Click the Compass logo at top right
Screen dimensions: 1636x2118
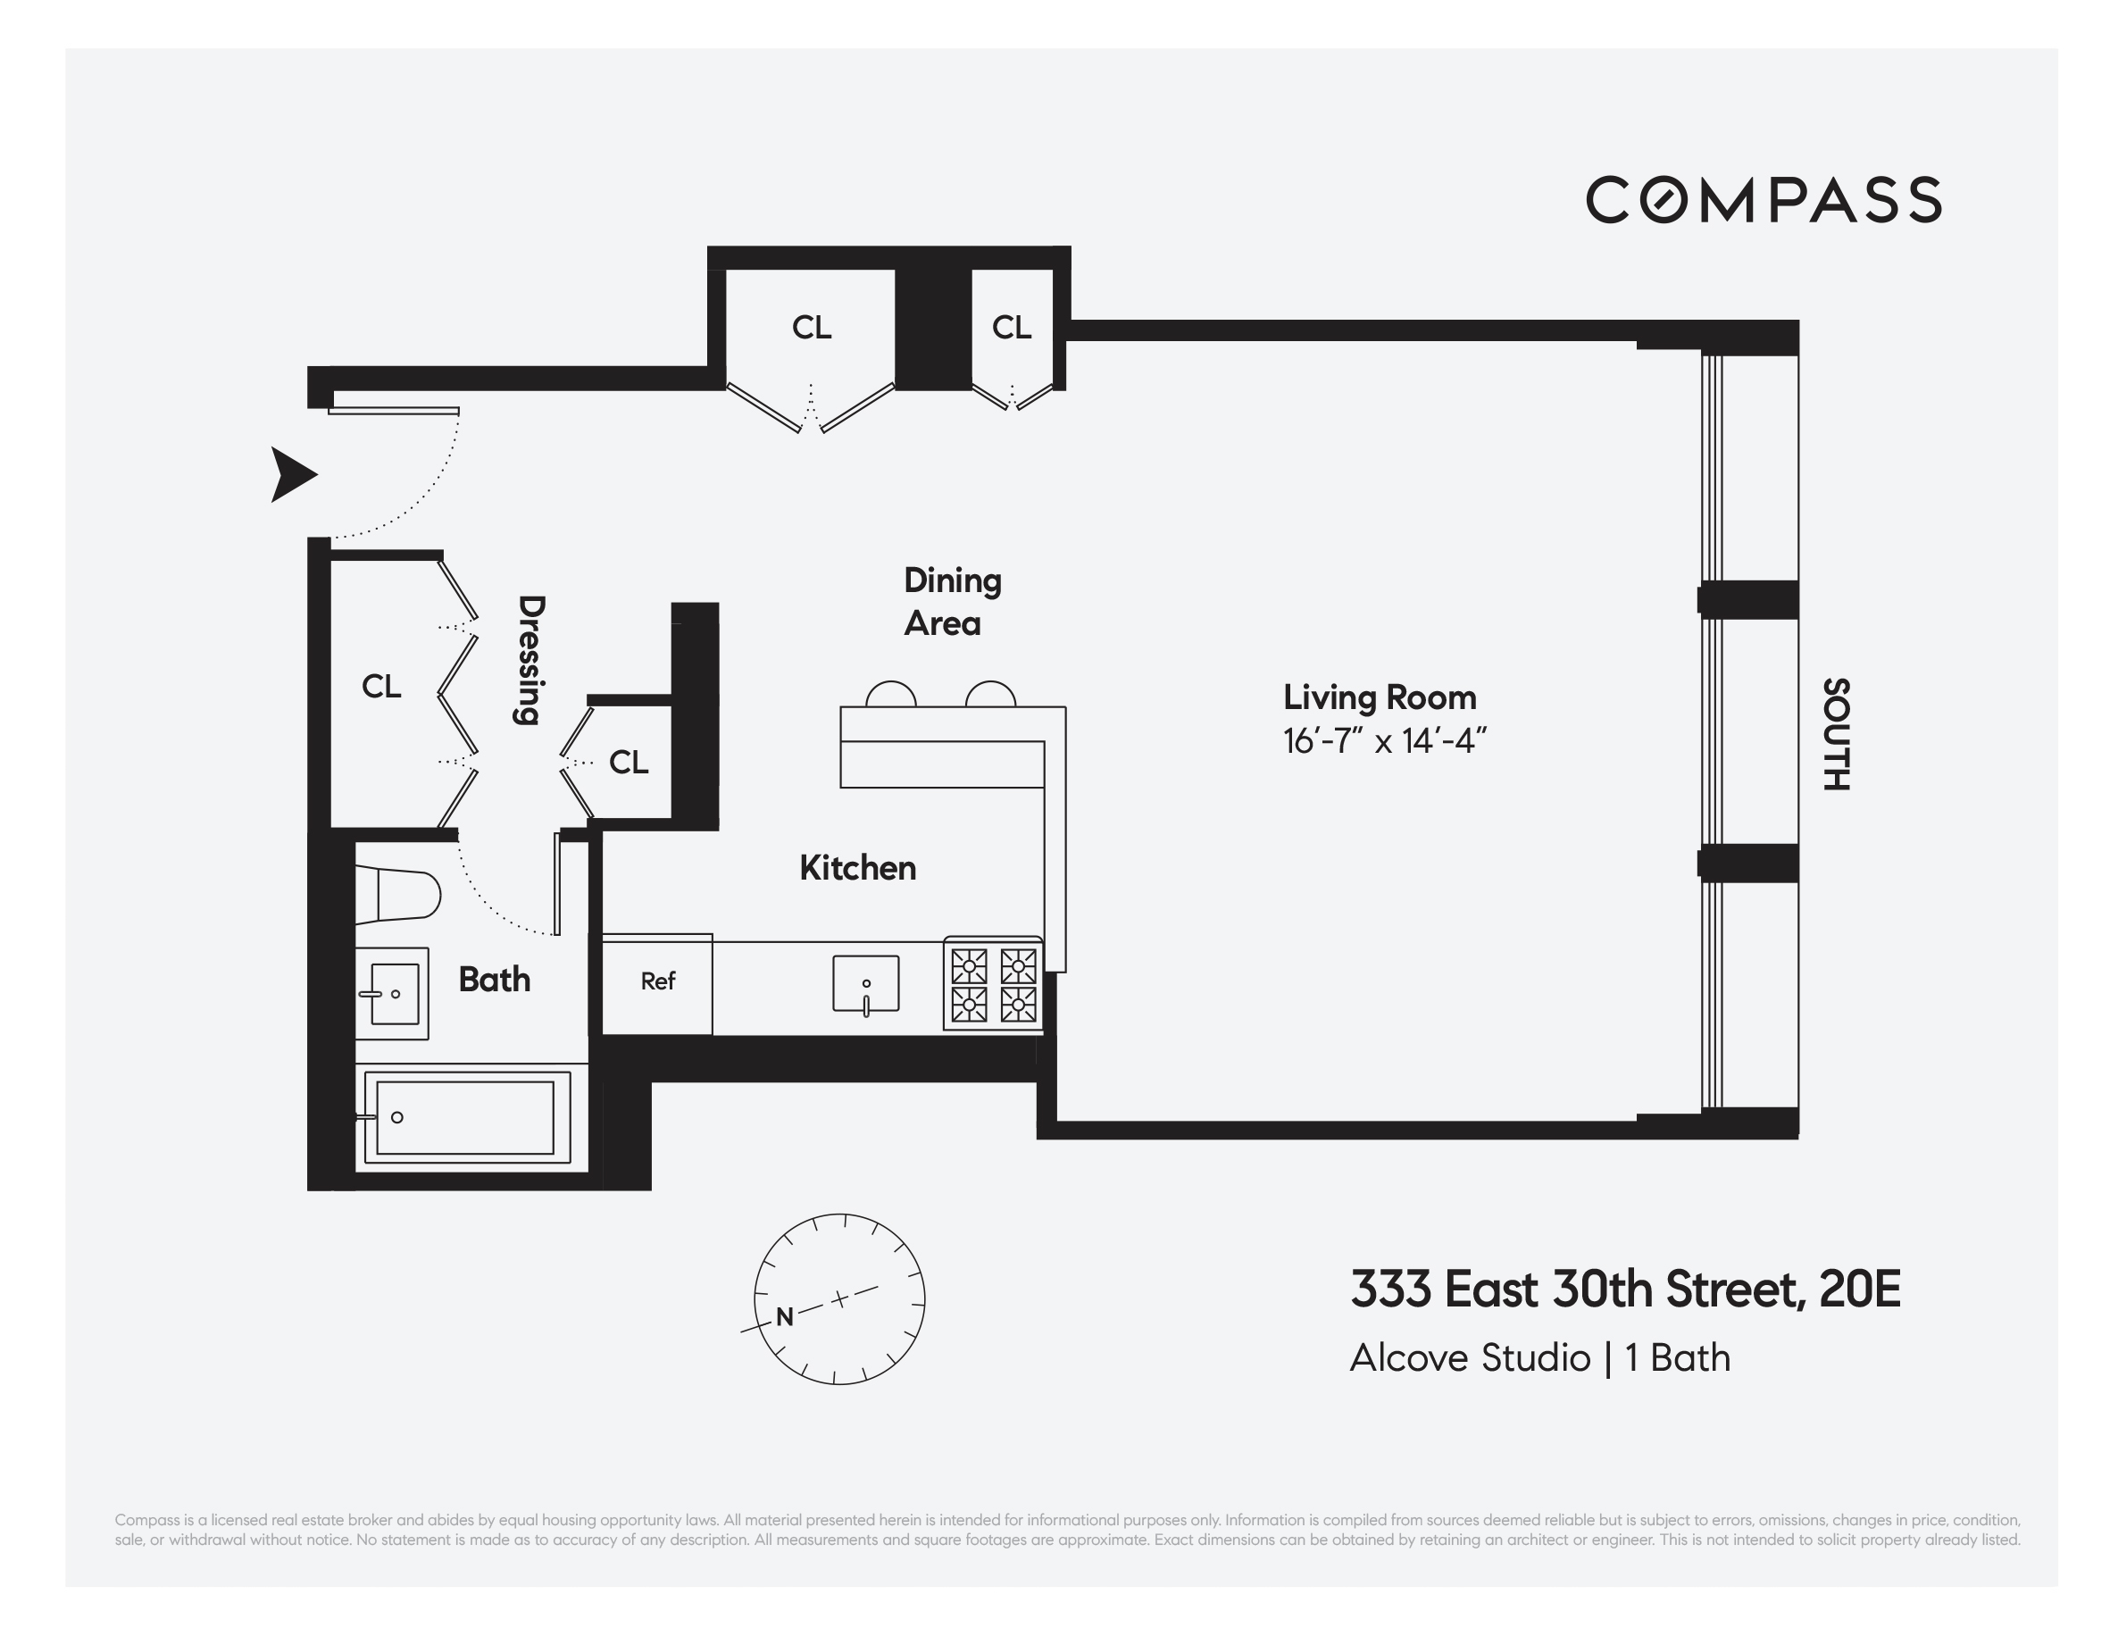[x=1763, y=200]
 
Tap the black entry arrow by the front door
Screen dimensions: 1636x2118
[x=292, y=474]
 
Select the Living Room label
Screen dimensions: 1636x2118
[x=1379, y=697]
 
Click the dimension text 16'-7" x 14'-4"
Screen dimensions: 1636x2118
[x=1384, y=742]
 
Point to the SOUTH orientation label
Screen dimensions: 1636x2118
[x=1836, y=734]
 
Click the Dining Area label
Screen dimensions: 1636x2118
[x=951, y=601]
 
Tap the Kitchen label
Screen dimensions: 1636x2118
[x=857, y=868]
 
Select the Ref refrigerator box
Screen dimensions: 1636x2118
[x=657, y=981]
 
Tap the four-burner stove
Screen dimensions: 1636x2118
[x=993, y=984]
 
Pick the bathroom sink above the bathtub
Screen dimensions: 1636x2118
[x=392, y=994]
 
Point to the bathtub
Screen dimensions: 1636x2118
[x=465, y=1117]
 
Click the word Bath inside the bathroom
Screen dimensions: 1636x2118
[x=494, y=980]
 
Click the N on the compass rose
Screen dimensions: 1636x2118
[x=785, y=1317]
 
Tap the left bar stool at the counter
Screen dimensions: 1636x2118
[x=890, y=696]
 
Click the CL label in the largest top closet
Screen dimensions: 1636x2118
[x=811, y=328]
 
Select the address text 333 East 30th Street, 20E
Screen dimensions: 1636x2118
[x=1624, y=1290]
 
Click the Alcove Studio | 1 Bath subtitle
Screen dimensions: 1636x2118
[x=1539, y=1357]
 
